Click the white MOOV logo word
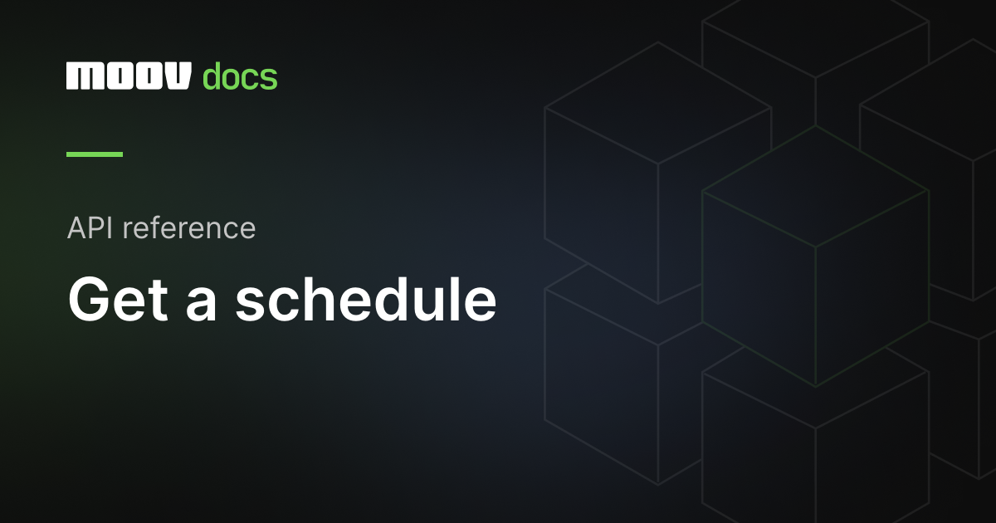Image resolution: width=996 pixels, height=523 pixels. pos(129,76)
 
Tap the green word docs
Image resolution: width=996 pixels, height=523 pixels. pos(240,76)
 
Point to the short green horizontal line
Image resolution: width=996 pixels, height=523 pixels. pos(95,154)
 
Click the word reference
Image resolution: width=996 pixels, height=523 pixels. pos(189,227)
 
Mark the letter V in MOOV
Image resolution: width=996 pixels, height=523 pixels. pos(178,76)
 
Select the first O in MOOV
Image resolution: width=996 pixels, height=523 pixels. pos(115,76)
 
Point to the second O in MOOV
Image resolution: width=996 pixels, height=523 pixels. pos(146,76)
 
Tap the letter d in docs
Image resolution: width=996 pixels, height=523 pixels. pos(212,76)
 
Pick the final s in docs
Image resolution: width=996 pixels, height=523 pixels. pos(268,79)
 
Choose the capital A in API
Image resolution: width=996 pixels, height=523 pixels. pos(77,227)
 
